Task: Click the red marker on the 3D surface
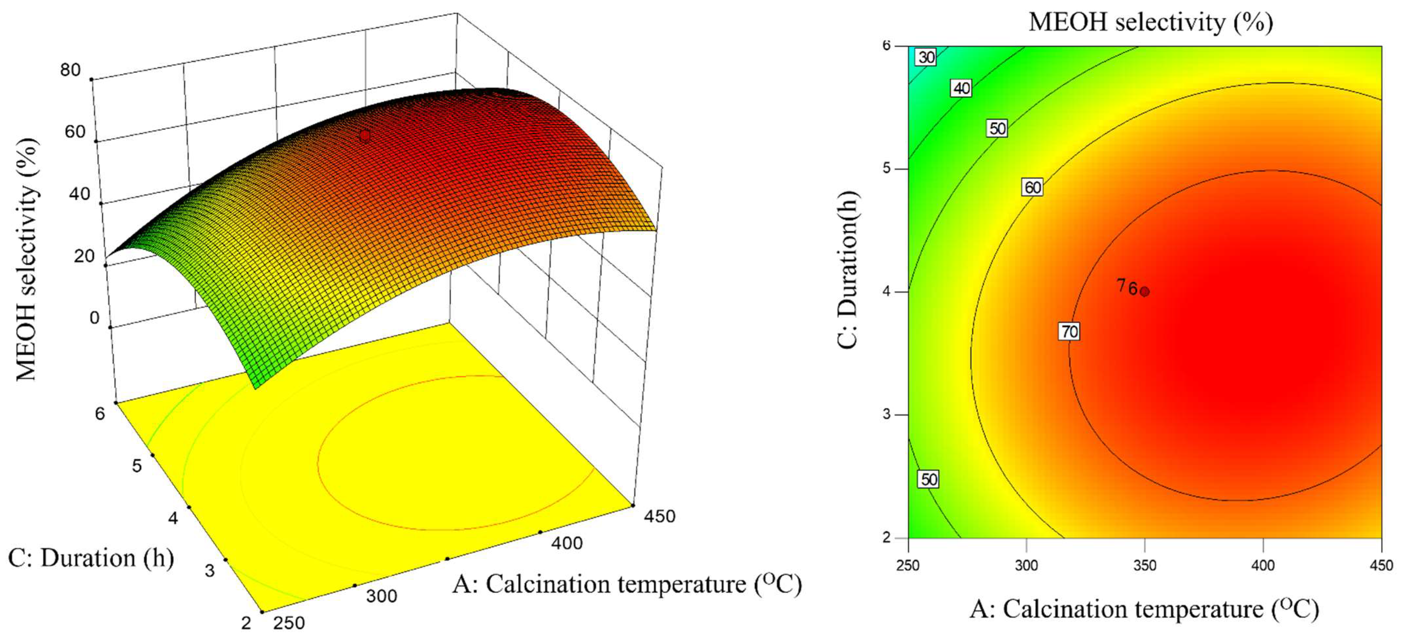[364, 136]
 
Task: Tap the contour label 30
[926, 57]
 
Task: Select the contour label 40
[961, 88]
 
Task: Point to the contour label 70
[1069, 331]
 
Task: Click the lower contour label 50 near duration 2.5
[929, 479]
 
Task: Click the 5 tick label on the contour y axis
[887, 169]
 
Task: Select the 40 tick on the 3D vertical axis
[79, 194]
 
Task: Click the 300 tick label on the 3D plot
[381, 596]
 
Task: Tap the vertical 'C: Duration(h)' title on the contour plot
[848, 270]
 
